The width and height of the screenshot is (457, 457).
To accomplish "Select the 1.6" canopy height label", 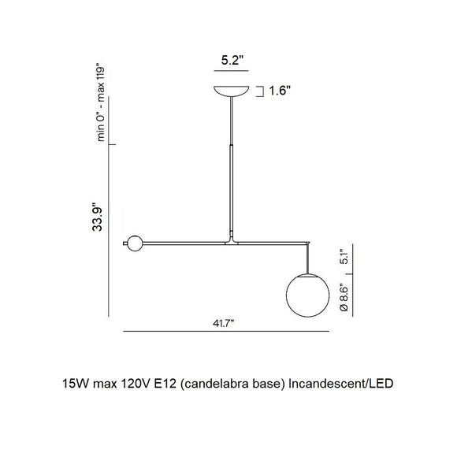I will click(x=279, y=91).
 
